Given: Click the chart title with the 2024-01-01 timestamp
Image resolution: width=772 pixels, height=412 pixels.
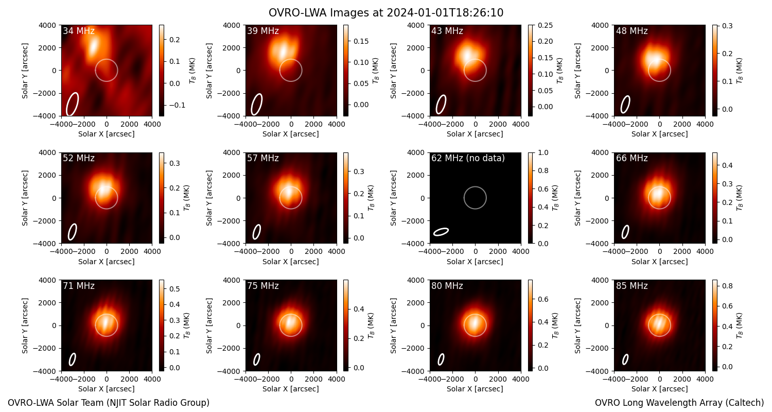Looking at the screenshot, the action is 386,13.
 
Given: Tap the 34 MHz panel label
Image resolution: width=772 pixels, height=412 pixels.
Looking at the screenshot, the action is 79,31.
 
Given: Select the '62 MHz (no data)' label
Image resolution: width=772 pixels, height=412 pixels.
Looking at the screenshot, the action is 468,158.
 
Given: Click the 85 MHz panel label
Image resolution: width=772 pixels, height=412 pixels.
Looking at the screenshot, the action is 631,286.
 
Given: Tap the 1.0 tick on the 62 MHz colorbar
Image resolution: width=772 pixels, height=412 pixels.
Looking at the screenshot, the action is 543,153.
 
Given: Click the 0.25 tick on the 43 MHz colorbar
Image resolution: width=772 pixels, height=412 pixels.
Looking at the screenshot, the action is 545,25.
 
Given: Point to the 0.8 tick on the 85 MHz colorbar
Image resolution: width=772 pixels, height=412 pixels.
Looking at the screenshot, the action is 728,286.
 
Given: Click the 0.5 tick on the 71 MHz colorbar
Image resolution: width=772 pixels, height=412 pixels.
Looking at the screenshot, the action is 175,288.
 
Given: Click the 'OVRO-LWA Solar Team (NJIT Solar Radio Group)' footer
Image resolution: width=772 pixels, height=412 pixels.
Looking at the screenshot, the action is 109,403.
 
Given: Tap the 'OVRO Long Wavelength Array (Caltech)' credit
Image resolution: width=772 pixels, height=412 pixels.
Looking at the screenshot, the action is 679,403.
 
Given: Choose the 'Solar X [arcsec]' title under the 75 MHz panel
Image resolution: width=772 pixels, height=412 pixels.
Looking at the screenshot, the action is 291,389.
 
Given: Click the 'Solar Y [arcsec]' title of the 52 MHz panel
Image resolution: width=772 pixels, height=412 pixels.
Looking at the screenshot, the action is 25,198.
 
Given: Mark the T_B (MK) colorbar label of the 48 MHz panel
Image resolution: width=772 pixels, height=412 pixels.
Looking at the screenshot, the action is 739,71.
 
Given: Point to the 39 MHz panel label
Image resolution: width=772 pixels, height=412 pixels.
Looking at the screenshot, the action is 263,31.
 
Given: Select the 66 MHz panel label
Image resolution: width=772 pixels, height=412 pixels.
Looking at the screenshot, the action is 631,158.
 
